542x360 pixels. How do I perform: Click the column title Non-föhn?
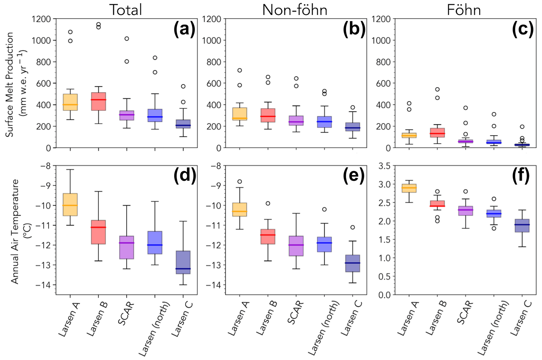tap(295, 10)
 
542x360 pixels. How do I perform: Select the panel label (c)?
tap(523, 29)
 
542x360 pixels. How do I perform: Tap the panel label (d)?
tap(185, 175)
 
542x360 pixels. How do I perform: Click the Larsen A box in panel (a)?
tap(70, 102)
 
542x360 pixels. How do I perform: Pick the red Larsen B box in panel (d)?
tap(98, 232)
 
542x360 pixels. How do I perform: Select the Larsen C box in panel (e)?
tap(352, 263)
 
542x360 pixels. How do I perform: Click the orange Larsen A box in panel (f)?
tap(409, 188)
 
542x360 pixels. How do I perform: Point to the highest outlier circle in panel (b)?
tap(239, 70)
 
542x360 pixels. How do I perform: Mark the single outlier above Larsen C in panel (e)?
tap(353, 227)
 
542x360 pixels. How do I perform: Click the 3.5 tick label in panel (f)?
tap(384, 166)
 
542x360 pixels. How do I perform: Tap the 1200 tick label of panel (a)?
tap(41, 19)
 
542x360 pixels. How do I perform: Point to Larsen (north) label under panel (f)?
tap(493, 328)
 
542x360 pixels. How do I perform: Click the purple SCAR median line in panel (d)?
tap(127, 243)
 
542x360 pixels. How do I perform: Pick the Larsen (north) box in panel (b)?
tap(324, 122)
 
